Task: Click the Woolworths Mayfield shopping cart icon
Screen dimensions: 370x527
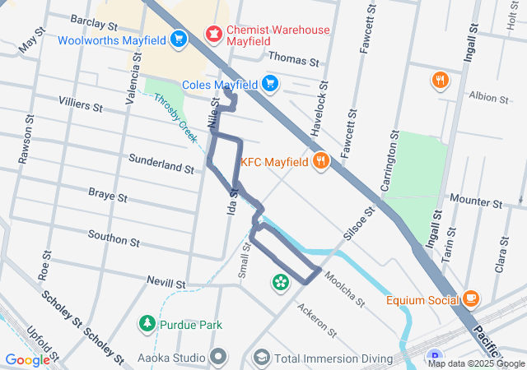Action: [x=179, y=39]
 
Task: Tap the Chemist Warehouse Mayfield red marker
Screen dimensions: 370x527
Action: [x=215, y=31]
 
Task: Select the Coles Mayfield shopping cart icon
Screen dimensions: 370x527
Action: [x=270, y=83]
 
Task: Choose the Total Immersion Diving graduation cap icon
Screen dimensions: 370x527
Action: [x=261, y=358]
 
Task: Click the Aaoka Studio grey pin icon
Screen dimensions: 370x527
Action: [x=218, y=358]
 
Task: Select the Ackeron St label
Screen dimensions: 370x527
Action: [x=318, y=321]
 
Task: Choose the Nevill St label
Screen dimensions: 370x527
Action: [x=164, y=283]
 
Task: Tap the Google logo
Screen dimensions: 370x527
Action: [x=27, y=359]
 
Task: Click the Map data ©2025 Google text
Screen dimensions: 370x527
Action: [x=477, y=363]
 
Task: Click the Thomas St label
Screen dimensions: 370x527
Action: [x=293, y=61]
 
